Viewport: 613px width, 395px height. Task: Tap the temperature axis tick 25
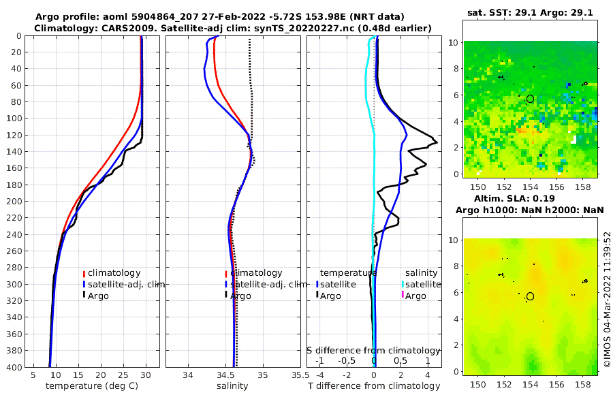(x=123, y=375)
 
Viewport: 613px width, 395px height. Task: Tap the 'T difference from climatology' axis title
(x=374, y=386)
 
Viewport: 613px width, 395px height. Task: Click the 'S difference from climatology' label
(x=374, y=350)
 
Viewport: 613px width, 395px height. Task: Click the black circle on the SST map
(x=530, y=99)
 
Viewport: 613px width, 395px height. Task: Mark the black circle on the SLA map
(x=530, y=296)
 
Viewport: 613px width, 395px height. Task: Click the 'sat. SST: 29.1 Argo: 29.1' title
(x=530, y=13)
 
